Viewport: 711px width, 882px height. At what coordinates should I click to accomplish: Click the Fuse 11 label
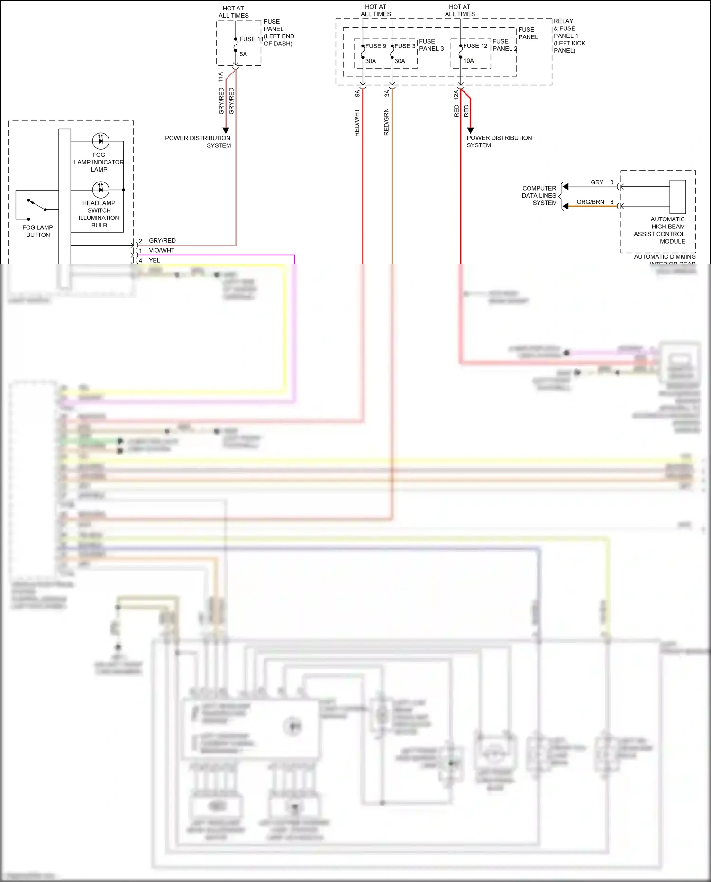[x=250, y=39]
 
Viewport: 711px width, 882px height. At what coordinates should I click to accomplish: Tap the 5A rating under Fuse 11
[x=243, y=54]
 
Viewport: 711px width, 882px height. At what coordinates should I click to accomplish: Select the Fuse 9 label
[x=375, y=46]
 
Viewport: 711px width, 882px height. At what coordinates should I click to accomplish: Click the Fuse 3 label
[x=405, y=46]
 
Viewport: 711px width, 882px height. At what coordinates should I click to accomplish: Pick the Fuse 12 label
[x=475, y=46]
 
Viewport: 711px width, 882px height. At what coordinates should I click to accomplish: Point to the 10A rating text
[x=468, y=61]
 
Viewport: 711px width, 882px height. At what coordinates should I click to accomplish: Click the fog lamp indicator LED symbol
[x=100, y=140]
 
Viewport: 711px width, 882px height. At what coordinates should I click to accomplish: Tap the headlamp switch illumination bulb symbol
[x=100, y=190]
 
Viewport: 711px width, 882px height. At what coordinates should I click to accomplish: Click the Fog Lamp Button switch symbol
[x=36, y=205]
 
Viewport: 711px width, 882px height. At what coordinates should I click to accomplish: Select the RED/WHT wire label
[x=357, y=123]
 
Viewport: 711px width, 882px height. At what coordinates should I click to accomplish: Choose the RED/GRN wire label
[x=386, y=122]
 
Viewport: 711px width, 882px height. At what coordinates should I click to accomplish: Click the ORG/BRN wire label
[x=590, y=202]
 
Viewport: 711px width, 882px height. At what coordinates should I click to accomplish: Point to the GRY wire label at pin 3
[x=597, y=182]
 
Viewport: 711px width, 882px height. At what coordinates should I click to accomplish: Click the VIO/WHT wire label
[x=162, y=250]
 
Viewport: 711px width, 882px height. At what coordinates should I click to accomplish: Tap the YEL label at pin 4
[x=155, y=260]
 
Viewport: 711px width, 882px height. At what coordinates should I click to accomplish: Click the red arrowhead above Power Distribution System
[x=470, y=130]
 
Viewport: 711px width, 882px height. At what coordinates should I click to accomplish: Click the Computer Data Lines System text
[x=539, y=195]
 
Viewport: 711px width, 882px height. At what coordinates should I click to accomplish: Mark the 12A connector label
[x=456, y=94]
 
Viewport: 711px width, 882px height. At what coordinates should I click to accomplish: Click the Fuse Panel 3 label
[x=431, y=45]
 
